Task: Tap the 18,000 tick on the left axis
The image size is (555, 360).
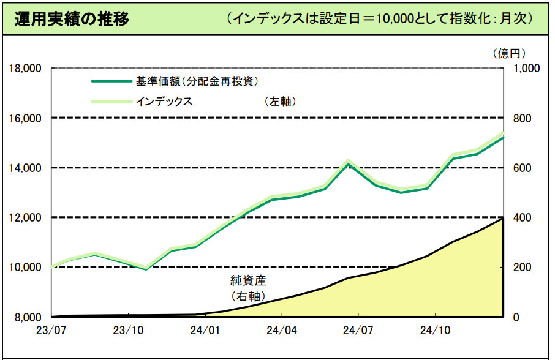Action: click(x=25, y=68)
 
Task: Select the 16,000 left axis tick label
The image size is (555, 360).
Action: click(x=25, y=118)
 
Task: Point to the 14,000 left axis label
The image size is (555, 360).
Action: click(x=25, y=168)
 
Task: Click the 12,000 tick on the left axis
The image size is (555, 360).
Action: click(x=25, y=218)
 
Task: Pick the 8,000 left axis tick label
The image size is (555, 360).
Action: click(x=27, y=317)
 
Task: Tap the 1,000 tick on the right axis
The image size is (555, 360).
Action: click(x=526, y=68)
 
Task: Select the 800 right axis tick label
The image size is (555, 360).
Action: click(x=521, y=118)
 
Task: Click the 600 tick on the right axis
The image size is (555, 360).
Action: click(x=521, y=168)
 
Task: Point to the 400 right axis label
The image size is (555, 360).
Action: click(x=521, y=218)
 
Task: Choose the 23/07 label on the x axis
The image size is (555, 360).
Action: click(x=52, y=331)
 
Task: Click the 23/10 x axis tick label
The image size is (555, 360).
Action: click(x=129, y=331)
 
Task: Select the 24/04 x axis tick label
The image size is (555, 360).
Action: click(x=282, y=331)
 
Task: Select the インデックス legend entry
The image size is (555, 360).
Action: click(x=164, y=102)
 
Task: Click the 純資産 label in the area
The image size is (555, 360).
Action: click(x=248, y=282)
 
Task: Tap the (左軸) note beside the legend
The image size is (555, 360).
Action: click(x=281, y=102)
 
